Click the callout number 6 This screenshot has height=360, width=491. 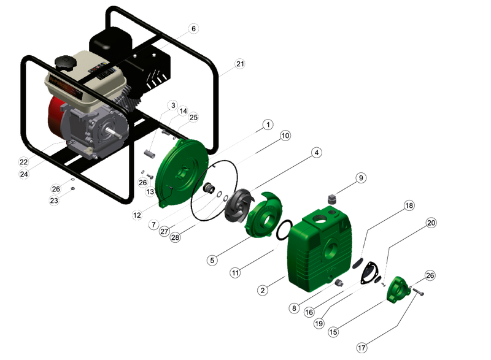193,28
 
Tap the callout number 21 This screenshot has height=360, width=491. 240,64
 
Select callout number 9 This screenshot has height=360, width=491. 361,178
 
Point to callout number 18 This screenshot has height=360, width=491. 409,205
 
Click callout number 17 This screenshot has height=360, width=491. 361,348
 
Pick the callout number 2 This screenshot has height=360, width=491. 263,290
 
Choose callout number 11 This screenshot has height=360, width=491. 235,273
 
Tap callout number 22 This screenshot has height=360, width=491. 24,162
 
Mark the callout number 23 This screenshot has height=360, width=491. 54,200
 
